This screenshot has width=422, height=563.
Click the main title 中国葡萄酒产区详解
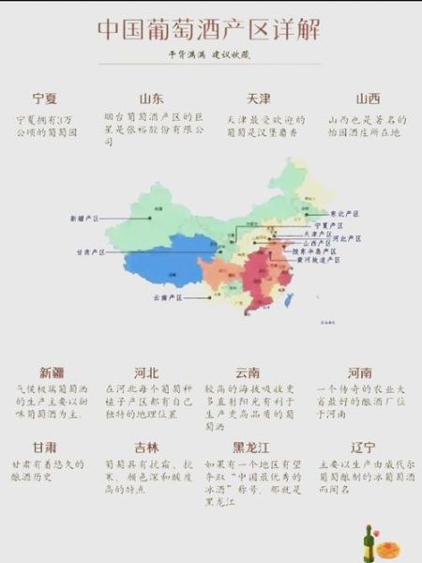(209, 30)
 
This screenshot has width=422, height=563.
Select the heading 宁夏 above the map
(45, 99)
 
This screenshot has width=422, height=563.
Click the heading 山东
(152, 99)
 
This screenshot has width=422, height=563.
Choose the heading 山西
(368, 99)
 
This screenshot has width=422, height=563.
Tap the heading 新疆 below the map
(52, 372)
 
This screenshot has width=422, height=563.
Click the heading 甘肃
(45, 447)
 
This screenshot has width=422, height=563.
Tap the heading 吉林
(147, 447)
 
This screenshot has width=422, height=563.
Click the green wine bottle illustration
(369, 541)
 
